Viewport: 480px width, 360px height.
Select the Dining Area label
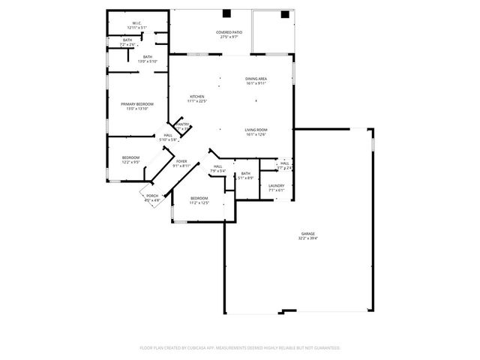256,79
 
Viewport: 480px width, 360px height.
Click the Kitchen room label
197,97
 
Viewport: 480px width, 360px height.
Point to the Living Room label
256,130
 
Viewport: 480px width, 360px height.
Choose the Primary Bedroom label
137,104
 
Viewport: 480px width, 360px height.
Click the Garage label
308,234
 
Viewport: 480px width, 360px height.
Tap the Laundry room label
276,186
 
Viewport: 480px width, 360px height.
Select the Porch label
152,196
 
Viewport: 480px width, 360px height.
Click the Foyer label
181,161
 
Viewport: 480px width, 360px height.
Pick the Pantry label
183,124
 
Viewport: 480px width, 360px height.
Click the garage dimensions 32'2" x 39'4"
308,238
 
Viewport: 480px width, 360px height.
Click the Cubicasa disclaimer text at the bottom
240,348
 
